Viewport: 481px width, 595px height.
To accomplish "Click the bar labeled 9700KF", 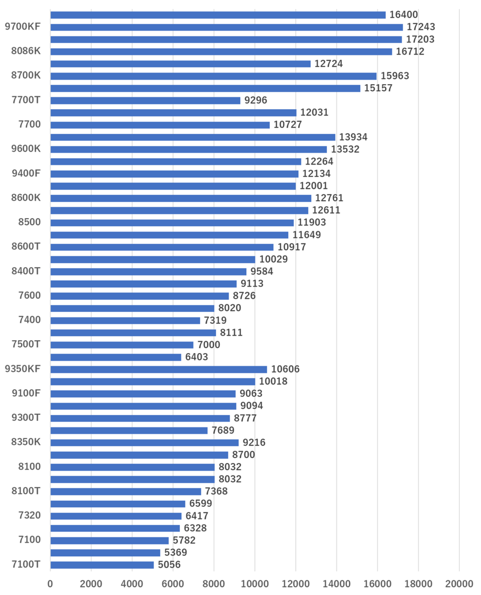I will (x=226, y=27).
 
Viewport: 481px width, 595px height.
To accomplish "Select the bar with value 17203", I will (x=226, y=40).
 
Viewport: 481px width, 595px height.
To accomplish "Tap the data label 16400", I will (x=404, y=15).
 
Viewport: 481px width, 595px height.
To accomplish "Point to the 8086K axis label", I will (x=26, y=51).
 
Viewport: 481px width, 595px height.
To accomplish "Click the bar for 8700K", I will (x=213, y=76).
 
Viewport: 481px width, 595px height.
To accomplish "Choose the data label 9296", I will (x=256, y=100).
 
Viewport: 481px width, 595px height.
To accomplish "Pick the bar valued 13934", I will (x=193, y=137).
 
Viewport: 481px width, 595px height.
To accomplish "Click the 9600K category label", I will (x=26, y=149).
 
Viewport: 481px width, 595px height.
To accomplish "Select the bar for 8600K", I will (x=181, y=198).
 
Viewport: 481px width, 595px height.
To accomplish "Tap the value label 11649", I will (x=306, y=235).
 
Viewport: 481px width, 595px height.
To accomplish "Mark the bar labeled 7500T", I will (x=122, y=345).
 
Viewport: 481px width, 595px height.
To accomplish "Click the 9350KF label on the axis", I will (x=22, y=369).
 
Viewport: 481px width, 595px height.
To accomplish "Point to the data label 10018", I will (x=273, y=381).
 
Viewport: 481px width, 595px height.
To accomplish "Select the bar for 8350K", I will (x=144, y=442).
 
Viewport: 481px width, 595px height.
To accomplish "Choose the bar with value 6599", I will (x=118, y=504).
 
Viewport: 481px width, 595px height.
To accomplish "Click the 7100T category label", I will (x=26, y=564).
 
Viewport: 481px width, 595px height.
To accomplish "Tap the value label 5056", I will (x=169, y=565).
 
